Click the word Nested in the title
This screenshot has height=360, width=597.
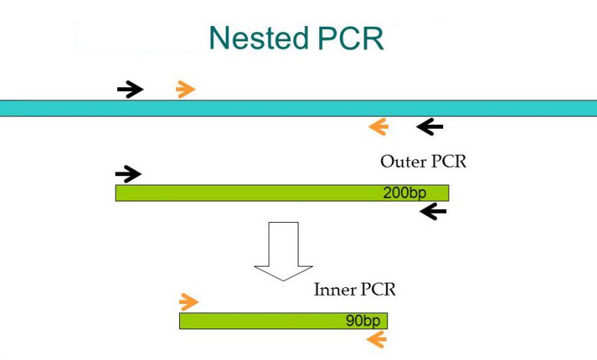[x=259, y=38]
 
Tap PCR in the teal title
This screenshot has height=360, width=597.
[x=351, y=38]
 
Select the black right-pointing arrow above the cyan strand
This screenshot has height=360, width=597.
[x=130, y=90]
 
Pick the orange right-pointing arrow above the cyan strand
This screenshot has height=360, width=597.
[x=185, y=90]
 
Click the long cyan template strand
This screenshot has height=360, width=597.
[x=298, y=108]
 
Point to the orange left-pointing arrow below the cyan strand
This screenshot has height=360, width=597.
[x=378, y=126]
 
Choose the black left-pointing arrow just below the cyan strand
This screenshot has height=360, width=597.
[x=430, y=126]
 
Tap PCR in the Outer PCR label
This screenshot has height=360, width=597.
[x=449, y=162]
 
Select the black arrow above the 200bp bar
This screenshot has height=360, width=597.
[x=129, y=174]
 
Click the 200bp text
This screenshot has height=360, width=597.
[x=404, y=193]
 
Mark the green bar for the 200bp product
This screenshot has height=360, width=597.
[x=282, y=193]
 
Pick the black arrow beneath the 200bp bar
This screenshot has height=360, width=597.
[x=433, y=211]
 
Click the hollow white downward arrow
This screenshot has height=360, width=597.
[x=284, y=251]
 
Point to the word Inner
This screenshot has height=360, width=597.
[x=334, y=290]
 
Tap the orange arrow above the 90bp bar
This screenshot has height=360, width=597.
[x=189, y=302]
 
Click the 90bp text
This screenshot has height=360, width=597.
[x=363, y=321]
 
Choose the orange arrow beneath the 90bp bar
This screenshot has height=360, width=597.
[x=377, y=339]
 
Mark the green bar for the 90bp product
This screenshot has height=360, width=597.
[x=284, y=321]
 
